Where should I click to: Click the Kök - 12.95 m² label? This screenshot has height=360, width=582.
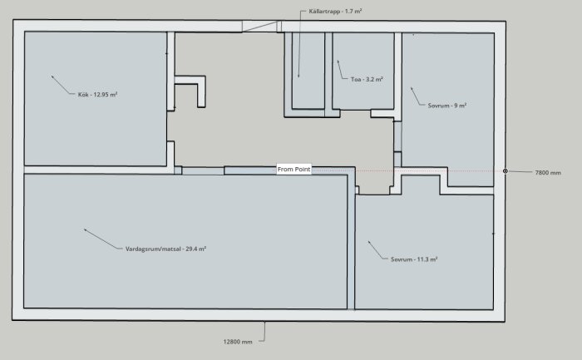(97, 94)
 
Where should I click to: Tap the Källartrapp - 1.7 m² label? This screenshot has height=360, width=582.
(335, 11)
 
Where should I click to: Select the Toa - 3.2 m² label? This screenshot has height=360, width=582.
(367, 79)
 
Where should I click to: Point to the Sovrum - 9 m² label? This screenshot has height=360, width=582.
(447, 106)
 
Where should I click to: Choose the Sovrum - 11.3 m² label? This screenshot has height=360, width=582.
(414, 259)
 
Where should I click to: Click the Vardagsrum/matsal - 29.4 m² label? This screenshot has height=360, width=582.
(165, 249)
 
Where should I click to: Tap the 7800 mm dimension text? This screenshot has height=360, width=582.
(548, 173)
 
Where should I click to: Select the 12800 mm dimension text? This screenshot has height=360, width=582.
(238, 342)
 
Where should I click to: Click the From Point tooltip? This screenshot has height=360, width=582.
(294, 170)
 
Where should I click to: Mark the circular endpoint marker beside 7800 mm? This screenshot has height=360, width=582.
(506, 171)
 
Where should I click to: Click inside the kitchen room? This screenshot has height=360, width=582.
(96, 126)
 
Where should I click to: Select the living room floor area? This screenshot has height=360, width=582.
(185, 241)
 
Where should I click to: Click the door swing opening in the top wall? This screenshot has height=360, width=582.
(259, 27)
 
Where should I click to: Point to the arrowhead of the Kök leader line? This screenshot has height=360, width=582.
(52, 76)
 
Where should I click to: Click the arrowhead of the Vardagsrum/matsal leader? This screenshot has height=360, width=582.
(86, 229)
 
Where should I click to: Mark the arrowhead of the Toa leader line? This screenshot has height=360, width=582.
(338, 62)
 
